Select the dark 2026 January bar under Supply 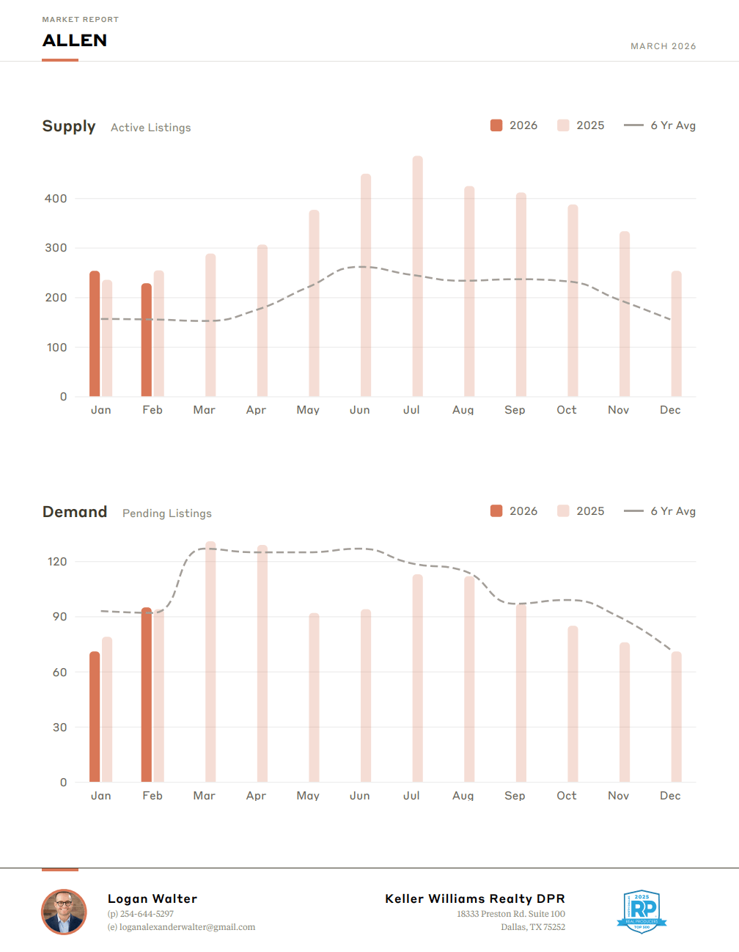coord(95,334)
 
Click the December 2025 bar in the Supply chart coord(676,334)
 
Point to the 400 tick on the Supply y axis coord(56,199)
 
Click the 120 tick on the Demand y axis coord(57,562)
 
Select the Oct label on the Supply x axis coord(566,410)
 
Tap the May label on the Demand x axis coord(308,796)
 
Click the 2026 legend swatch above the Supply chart coord(496,125)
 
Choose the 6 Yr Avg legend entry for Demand coord(660,511)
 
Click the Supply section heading coord(69,126)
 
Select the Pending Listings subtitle coord(167,513)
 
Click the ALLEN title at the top coord(75,40)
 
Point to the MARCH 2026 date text coord(663,46)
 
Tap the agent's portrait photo coord(65,912)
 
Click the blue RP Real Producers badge coord(641,912)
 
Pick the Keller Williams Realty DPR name coord(475,898)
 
